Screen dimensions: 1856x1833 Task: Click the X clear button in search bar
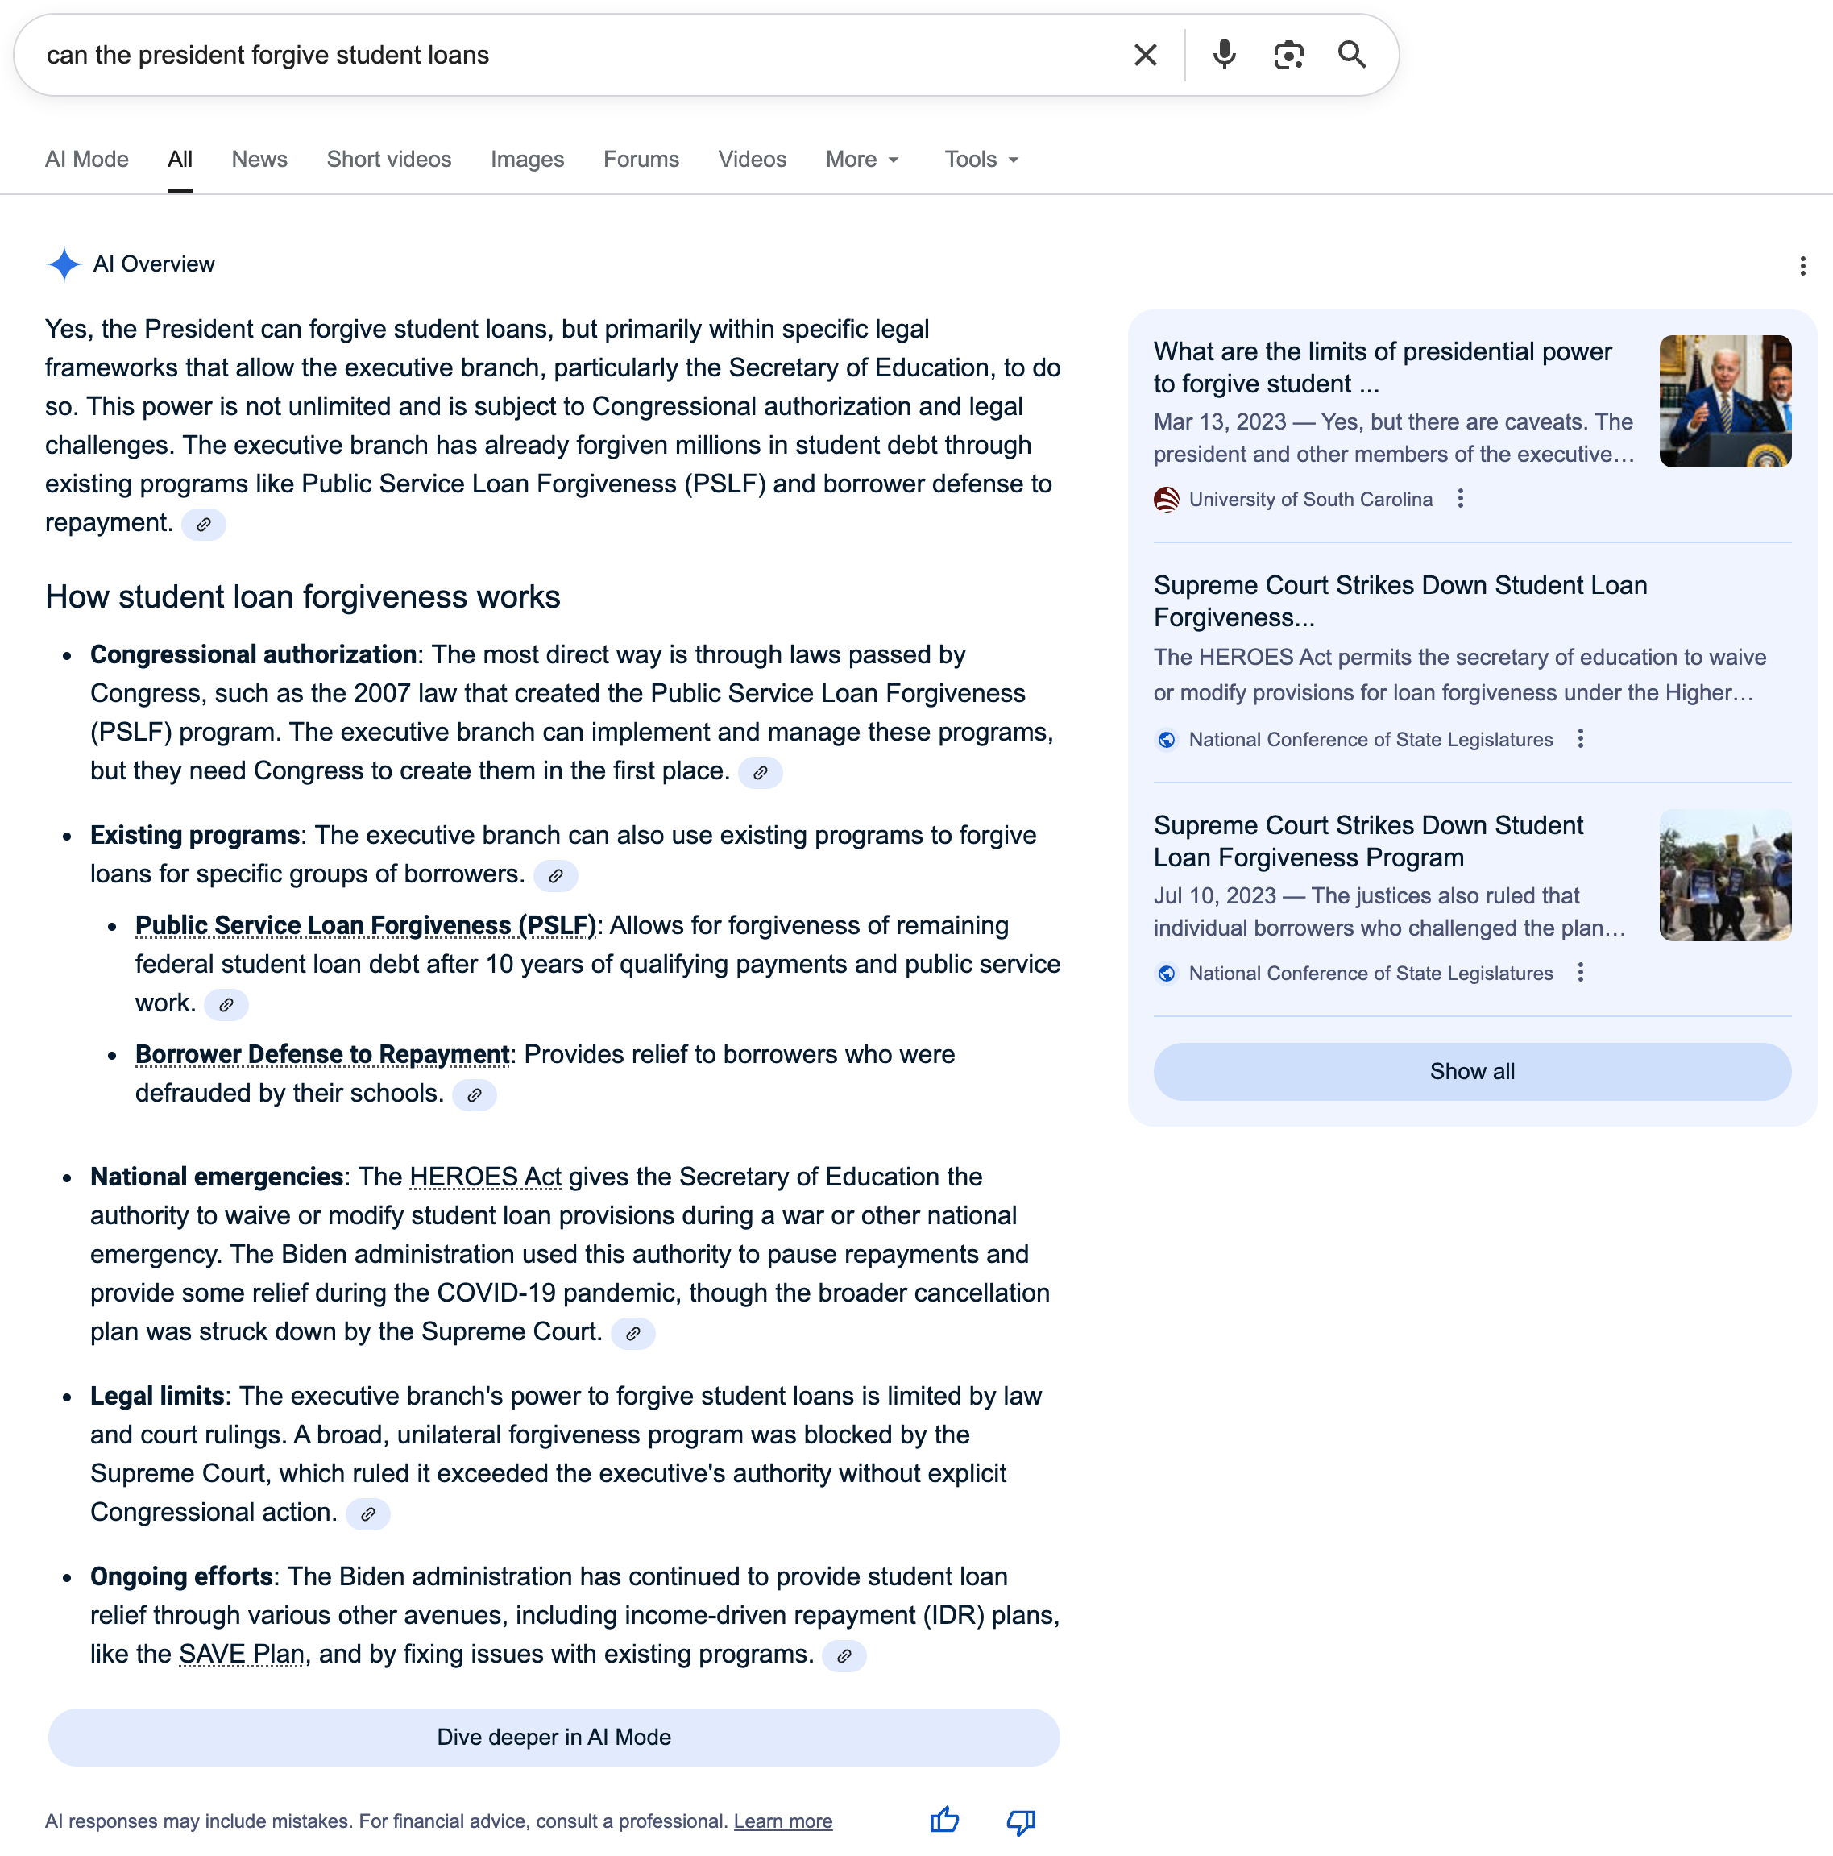pyautogui.click(x=1145, y=55)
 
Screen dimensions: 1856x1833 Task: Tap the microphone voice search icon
pyautogui.click(x=1224, y=55)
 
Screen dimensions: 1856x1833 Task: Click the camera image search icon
pyautogui.click(x=1288, y=55)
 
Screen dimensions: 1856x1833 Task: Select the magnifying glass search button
pyautogui.click(x=1352, y=55)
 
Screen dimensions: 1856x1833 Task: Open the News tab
pyautogui.click(x=259, y=160)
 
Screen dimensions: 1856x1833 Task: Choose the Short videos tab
pyautogui.click(x=389, y=160)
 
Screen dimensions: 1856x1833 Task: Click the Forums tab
pyautogui.click(x=641, y=160)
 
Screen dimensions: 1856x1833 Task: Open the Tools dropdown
pyautogui.click(x=981, y=160)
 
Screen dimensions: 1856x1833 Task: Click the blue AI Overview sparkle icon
pyautogui.click(x=64, y=264)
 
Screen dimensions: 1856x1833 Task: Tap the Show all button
pyautogui.click(x=1471, y=1071)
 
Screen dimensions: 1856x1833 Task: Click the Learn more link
pyautogui.click(x=782, y=1821)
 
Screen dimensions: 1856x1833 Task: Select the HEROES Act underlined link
pyautogui.click(x=485, y=1177)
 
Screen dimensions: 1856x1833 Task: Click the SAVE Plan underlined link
pyautogui.click(x=242, y=1655)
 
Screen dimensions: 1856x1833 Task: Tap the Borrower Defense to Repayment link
pyautogui.click(x=321, y=1055)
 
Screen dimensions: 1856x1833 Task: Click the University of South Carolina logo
pyautogui.click(x=1167, y=500)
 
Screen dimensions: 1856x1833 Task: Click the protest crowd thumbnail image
pyautogui.click(x=1724, y=875)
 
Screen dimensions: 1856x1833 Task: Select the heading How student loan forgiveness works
pyautogui.click(x=302, y=596)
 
